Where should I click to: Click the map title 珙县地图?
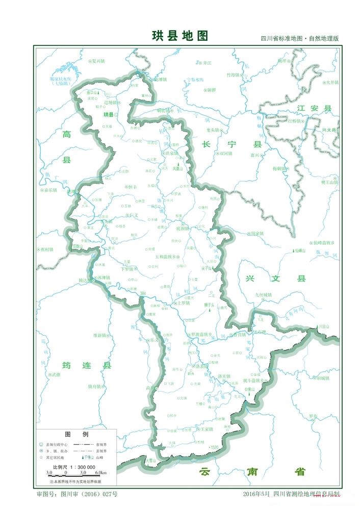pos(180,36)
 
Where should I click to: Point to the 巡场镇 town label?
pos(111,102)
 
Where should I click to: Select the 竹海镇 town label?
pos(233,74)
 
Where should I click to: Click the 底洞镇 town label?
pos(182,229)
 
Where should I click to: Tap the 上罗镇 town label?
pos(182,303)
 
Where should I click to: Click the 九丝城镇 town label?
pos(264,294)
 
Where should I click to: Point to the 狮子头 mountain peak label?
pos(210,305)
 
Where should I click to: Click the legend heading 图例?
pos(76,434)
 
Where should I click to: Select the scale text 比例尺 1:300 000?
pos(74,467)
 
